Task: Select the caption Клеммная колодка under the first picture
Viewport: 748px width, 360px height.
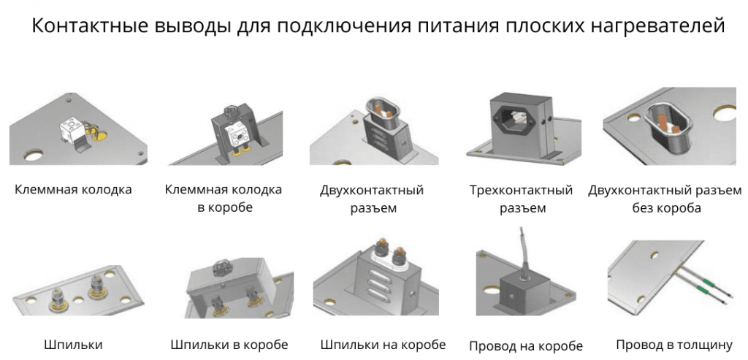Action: (73, 190)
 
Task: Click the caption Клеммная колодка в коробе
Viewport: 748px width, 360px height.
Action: (224, 199)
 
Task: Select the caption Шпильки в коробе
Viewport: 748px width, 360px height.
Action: (229, 344)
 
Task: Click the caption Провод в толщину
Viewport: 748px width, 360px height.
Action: (673, 344)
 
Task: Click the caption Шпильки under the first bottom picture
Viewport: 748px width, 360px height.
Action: (73, 344)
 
